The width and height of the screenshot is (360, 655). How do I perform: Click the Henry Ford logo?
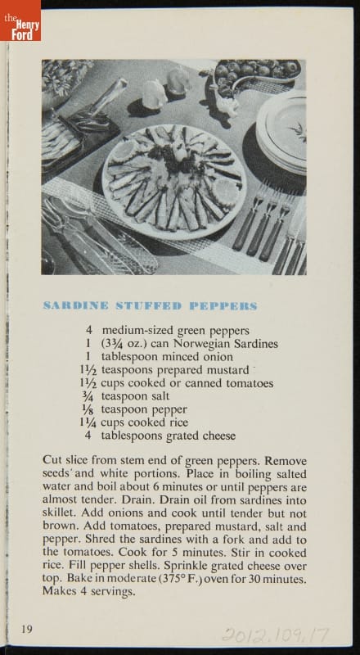click(x=20, y=20)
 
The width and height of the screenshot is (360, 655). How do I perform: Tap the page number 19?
click(x=27, y=629)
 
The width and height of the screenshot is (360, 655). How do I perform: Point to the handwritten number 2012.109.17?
click(x=275, y=635)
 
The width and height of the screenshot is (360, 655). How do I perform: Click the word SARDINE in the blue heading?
click(x=75, y=305)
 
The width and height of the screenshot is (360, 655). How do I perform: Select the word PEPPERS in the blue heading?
click(x=223, y=305)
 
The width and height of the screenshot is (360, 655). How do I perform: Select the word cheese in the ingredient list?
click(x=218, y=436)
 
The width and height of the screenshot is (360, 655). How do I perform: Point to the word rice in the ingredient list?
click(x=178, y=422)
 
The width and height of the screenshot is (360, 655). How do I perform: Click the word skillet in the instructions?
click(x=58, y=513)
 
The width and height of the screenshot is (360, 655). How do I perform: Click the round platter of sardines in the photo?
click(x=173, y=182)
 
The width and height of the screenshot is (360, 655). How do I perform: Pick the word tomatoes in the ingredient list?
click(x=250, y=383)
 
